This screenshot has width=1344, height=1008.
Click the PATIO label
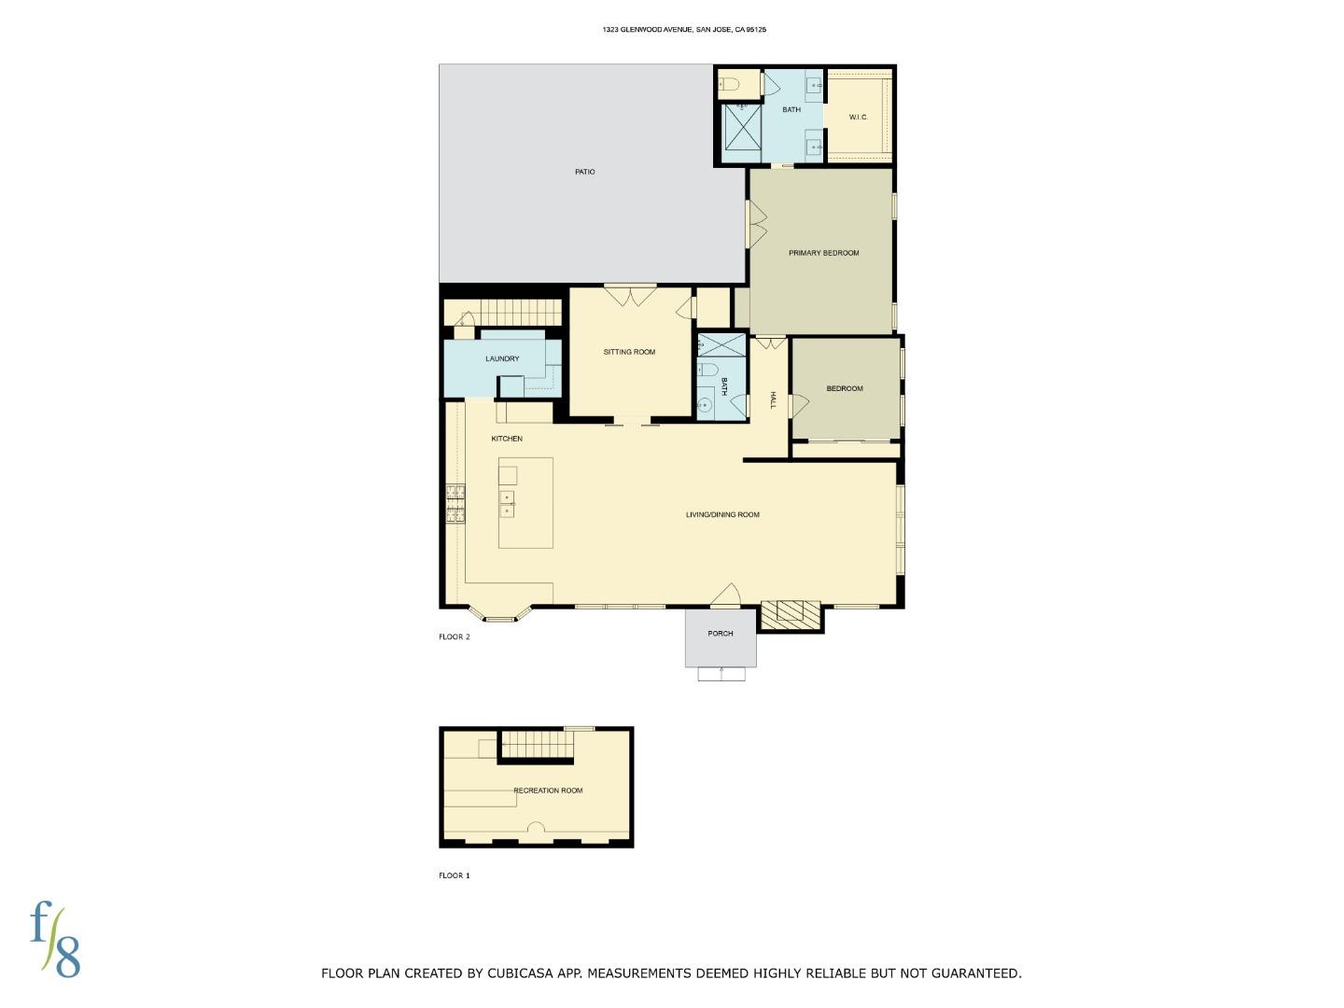tap(584, 172)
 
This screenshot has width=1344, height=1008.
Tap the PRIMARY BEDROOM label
tap(823, 253)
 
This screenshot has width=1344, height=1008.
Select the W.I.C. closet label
tap(859, 117)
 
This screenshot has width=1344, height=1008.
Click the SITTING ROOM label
tap(629, 352)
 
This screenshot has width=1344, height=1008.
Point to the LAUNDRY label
tap(502, 358)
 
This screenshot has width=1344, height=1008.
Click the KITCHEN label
tap(507, 439)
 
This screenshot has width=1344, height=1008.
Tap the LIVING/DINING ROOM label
tap(722, 514)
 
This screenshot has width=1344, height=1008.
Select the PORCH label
tap(720, 634)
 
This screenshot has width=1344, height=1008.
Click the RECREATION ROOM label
tap(548, 791)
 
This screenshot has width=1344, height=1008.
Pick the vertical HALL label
tap(773, 400)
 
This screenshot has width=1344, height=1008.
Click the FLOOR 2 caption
tap(455, 637)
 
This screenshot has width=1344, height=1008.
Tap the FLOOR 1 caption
tap(455, 875)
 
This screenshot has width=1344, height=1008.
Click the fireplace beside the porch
tap(791, 612)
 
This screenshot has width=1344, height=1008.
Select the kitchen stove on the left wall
tap(455, 504)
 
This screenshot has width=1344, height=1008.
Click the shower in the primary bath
tap(743, 127)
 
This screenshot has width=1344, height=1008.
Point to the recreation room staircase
tap(536, 745)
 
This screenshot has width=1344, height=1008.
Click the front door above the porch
tap(726, 595)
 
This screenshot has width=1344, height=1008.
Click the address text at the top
tap(684, 30)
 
